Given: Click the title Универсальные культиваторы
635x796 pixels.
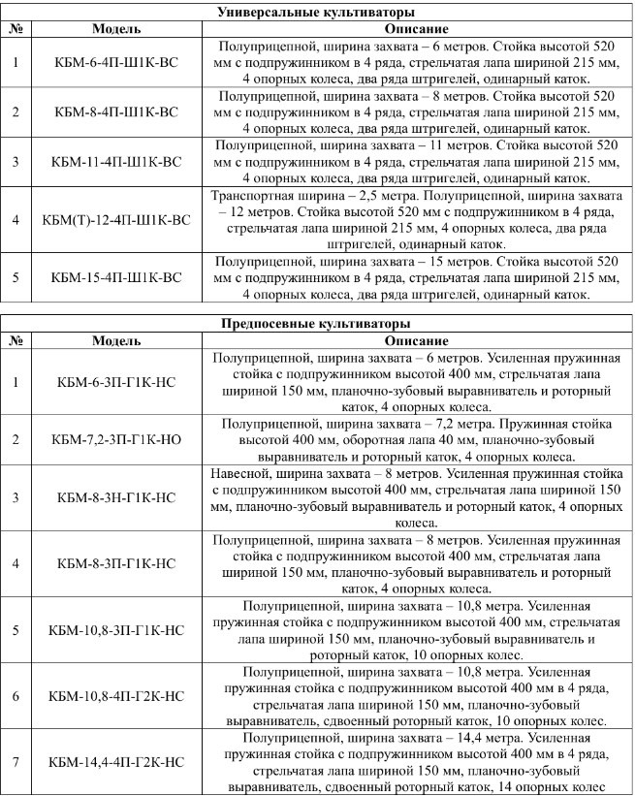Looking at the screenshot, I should tap(317, 12).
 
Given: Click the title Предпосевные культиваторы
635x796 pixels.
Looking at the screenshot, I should tap(317, 324).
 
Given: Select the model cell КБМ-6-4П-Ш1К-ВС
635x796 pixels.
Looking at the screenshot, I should tap(117, 64).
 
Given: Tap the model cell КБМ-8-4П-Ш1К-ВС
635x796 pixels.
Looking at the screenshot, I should tap(117, 112).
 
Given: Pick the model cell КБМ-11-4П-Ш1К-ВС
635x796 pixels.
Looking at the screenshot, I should tap(117, 161).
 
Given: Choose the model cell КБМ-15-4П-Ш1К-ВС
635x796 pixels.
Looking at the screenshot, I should tap(117, 277).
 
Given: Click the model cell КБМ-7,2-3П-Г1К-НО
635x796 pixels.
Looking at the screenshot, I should tap(117, 440).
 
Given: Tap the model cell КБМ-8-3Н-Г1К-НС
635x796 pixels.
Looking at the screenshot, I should tap(117, 498).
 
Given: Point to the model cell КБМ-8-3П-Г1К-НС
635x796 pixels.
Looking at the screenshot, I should tap(117, 562).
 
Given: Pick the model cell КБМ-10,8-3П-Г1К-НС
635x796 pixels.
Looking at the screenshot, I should tap(117, 629).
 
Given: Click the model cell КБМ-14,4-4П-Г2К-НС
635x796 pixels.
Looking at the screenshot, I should tap(117, 762).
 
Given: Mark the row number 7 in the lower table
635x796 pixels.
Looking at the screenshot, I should tap(16, 762).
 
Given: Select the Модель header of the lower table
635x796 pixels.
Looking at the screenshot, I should tap(117, 341).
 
